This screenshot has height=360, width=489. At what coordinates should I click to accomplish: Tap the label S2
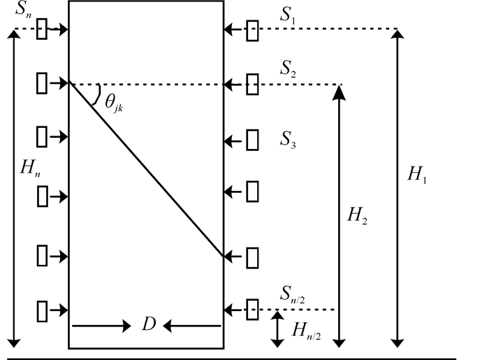coord(289,69)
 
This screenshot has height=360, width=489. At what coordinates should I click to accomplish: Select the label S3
coord(289,139)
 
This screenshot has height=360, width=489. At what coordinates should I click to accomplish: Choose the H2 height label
coord(357,217)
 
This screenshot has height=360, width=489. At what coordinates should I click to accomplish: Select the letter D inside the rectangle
coord(148,325)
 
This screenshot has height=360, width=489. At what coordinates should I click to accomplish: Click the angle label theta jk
coord(114,102)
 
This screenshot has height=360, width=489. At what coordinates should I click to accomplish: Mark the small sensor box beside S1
coord(253,30)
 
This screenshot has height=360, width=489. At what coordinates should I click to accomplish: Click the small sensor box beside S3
coord(253,139)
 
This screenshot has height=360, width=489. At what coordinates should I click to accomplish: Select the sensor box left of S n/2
coord(253,309)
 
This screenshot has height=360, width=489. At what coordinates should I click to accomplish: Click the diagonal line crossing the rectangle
coord(147,170)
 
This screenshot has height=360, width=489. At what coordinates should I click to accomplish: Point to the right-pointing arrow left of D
coord(102,325)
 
